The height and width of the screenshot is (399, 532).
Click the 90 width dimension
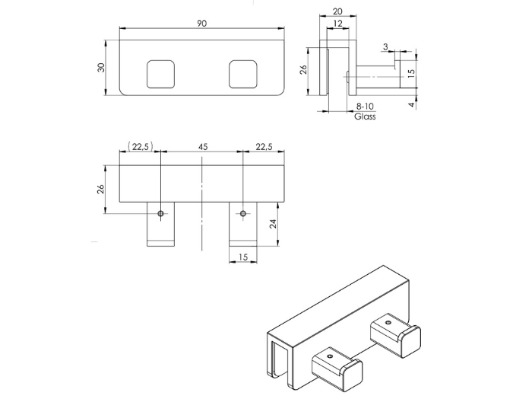(201, 24)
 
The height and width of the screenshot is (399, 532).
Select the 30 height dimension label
(101, 67)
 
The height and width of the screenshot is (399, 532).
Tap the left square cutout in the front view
(162, 73)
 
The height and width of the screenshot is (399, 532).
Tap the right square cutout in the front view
(244, 73)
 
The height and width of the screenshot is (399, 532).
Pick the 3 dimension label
(387, 47)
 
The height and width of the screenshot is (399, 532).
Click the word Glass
(365, 117)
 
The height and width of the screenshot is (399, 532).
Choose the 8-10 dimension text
(365, 107)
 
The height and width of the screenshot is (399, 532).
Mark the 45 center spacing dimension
(203, 146)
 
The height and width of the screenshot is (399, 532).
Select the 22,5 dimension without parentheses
(264, 146)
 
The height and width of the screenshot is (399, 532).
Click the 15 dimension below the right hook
(243, 257)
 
